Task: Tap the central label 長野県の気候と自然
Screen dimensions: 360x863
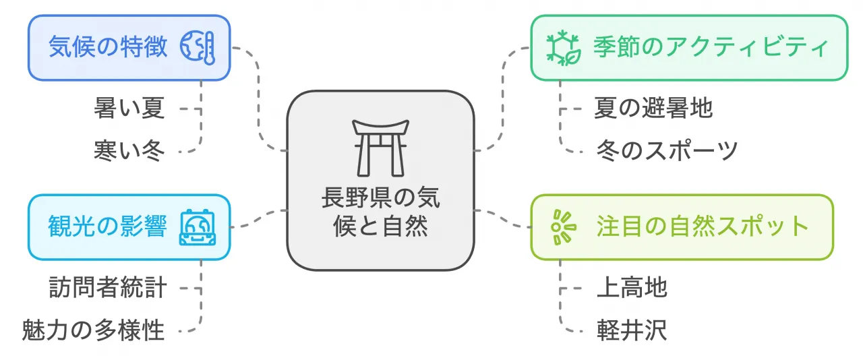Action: pyautogui.click(x=380, y=213)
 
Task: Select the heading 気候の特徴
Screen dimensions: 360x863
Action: pyautogui.click(x=108, y=48)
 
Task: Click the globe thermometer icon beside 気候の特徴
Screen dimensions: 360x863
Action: pyautogui.click(x=198, y=49)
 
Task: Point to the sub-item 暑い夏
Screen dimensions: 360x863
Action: pyautogui.click(x=129, y=108)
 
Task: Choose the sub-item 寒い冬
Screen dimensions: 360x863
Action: pyautogui.click(x=129, y=150)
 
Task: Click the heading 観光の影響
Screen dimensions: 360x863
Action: pyautogui.click(x=108, y=227)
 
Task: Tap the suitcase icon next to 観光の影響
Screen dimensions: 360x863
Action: pyautogui.click(x=198, y=227)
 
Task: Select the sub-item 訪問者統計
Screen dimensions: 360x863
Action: pyautogui.click(x=108, y=288)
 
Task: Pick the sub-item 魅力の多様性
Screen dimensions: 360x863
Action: pyautogui.click(x=93, y=330)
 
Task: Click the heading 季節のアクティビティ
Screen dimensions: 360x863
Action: pyautogui.click(x=711, y=48)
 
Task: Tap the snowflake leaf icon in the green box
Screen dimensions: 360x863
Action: pyautogui.click(x=563, y=49)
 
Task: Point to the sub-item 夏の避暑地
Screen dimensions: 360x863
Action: pyautogui.click(x=653, y=108)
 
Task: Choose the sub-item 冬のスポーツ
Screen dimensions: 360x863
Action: pyautogui.click(x=667, y=150)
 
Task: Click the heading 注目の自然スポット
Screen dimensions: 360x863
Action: pyautogui.click(x=703, y=227)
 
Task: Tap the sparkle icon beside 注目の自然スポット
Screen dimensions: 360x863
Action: pyautogui.click(x=561, y=227)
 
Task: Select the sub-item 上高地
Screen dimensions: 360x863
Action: pyautogui.click(x=632, y=288)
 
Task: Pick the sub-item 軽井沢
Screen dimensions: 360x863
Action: pyautogui.click(x=632, y=330)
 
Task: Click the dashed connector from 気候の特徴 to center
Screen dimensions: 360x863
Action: pyautogui.click(x=259, y=101)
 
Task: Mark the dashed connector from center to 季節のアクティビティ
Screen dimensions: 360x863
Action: pyautogui.click(x=504, y=101)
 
